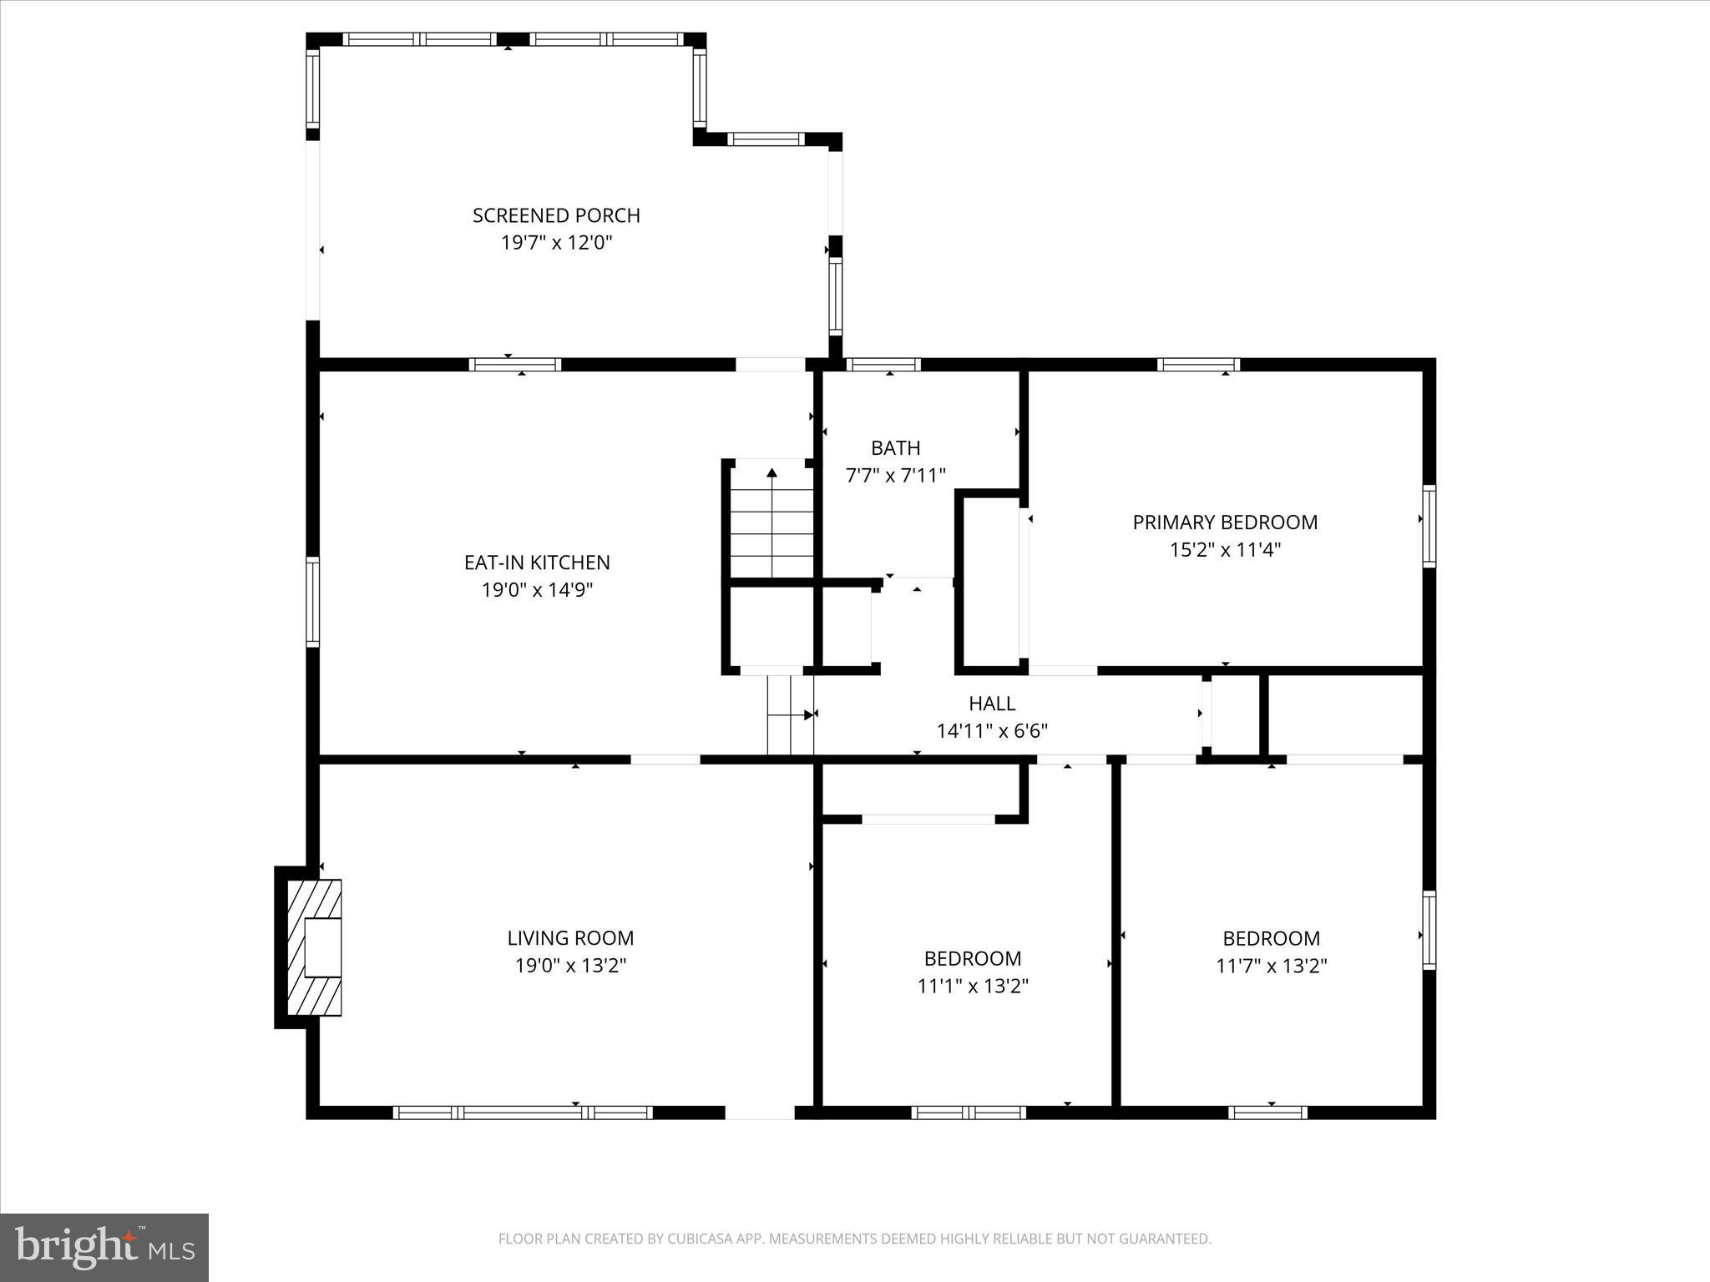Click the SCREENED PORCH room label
point(556,215)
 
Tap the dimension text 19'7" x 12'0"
point(556,243)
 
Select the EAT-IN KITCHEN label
point(537,563)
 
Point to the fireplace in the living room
point(315,947)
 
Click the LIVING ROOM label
point(570,938)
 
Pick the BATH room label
point(895,448)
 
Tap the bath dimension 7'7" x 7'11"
point(895,476)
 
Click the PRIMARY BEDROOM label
point(1225,522)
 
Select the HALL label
point(992,704)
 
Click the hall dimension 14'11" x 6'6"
point(992,731)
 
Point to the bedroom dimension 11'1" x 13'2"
point(973,987)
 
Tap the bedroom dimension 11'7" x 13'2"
point(1271,967)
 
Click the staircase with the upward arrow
point(772,522)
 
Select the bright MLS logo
point(104,1247)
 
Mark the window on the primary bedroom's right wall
point(1429,527)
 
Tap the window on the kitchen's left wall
point(312,602)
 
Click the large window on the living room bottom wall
point(523,1112)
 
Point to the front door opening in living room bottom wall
point(759,1112)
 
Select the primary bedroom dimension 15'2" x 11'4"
point(1225,550)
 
